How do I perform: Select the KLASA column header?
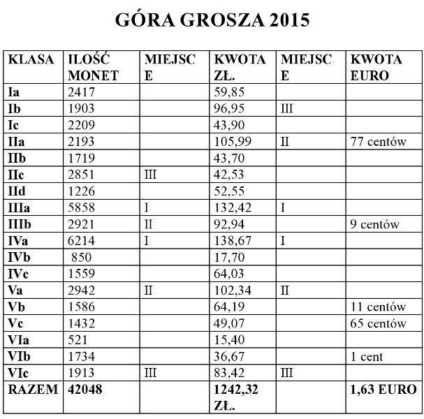[x=31, y=60]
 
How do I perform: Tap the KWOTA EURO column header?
[x=377, y=68]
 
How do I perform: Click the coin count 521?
[x=78, y=340]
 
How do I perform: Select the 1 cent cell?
[x=367, y=357]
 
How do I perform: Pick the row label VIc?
[x=19, y=373]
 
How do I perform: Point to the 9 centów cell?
[x=375, y=224]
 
